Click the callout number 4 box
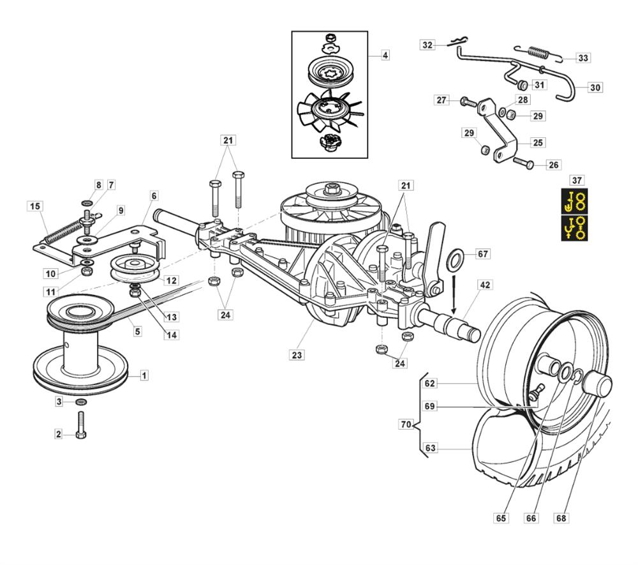coord(385,56)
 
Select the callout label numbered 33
coord(582,58)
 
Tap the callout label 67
coord(483,254)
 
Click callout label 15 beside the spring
coord(34,206)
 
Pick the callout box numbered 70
coord(405,424)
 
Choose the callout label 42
coord(485,285)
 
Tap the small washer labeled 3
coord(81,402)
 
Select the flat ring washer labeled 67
coord(454,260)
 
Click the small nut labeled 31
coord(521,85)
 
